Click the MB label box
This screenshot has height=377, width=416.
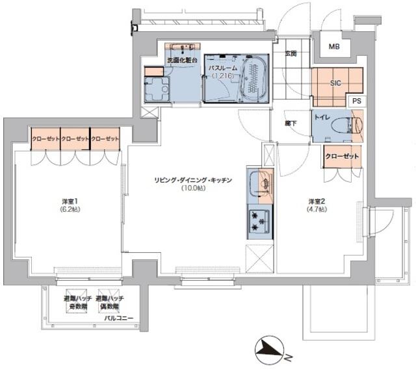tap(333, 47)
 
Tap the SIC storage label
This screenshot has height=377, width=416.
tap(336, 83)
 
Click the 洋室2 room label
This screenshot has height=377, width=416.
tap(317, 205)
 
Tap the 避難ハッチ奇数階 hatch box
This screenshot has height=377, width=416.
tap(75, 302)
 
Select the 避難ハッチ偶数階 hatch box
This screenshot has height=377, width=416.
tap(109, 302)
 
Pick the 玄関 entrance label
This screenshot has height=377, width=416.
tap(290, 54)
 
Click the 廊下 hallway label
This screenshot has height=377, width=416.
tap(289, 122)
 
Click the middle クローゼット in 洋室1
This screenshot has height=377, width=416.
tap(74, 139)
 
